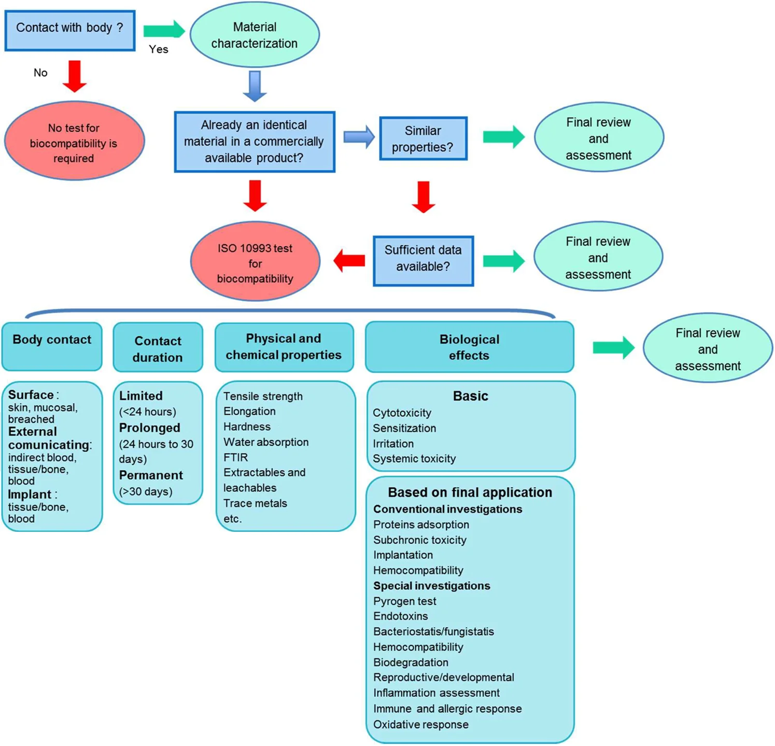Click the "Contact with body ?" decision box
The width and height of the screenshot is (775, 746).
(70, 30)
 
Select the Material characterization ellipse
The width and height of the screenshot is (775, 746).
(255, 35)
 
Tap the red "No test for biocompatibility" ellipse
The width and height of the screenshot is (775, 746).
(74, 141)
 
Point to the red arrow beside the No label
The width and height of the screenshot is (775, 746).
(75, 76)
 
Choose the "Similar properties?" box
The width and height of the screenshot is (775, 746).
(423, 138)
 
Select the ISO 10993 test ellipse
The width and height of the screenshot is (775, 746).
(255, 262)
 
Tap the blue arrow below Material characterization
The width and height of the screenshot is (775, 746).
(255, 86)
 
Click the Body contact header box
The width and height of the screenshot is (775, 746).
(52, 346)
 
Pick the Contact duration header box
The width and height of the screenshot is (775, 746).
(158, 347)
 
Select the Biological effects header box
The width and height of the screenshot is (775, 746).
(469, 347)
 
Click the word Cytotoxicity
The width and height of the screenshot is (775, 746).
(402, 413)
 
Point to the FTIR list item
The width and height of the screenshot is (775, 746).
(236, 457)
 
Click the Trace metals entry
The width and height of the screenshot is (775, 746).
(255, 503)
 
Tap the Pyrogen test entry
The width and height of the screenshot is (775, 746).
(404, 601)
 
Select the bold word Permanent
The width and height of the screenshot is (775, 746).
(151, 475)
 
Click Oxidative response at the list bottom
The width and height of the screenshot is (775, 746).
(420, 724)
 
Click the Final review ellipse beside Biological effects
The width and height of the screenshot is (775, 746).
(708, 349)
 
